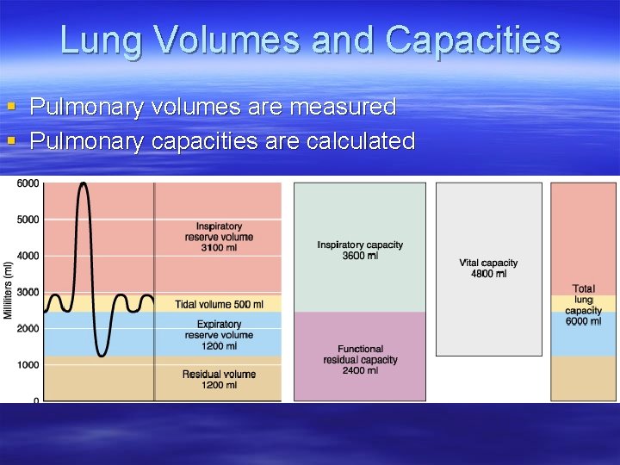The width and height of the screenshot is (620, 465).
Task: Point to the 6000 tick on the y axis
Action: coord(28,183)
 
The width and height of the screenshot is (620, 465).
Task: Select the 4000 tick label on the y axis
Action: coord(28,256)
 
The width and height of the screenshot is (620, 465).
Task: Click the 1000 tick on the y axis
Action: coord(28,365)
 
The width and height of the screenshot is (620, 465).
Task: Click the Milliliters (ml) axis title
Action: coord(8,291)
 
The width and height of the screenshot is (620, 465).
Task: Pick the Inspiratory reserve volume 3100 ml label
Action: coord(219,237)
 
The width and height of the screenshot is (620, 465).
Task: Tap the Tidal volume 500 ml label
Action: coord(219,304)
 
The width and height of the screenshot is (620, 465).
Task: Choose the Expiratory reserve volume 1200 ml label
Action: coord(219,335)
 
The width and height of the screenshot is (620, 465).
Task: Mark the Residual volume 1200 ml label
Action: coord(219,380)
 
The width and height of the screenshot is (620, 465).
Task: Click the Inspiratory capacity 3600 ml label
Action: coord(360,251)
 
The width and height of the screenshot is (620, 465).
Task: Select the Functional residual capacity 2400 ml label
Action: coord(360,360)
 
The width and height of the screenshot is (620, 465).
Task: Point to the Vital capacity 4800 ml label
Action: coord(488,269)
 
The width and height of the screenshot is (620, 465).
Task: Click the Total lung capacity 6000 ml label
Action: coord(584,305)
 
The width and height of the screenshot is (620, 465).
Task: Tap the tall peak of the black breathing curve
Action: coord(83,184)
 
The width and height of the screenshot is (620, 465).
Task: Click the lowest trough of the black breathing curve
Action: coord(102,354)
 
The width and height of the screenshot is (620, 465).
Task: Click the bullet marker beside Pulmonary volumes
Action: coord(11,108)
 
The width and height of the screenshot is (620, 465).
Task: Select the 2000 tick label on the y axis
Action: coord(28,329)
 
